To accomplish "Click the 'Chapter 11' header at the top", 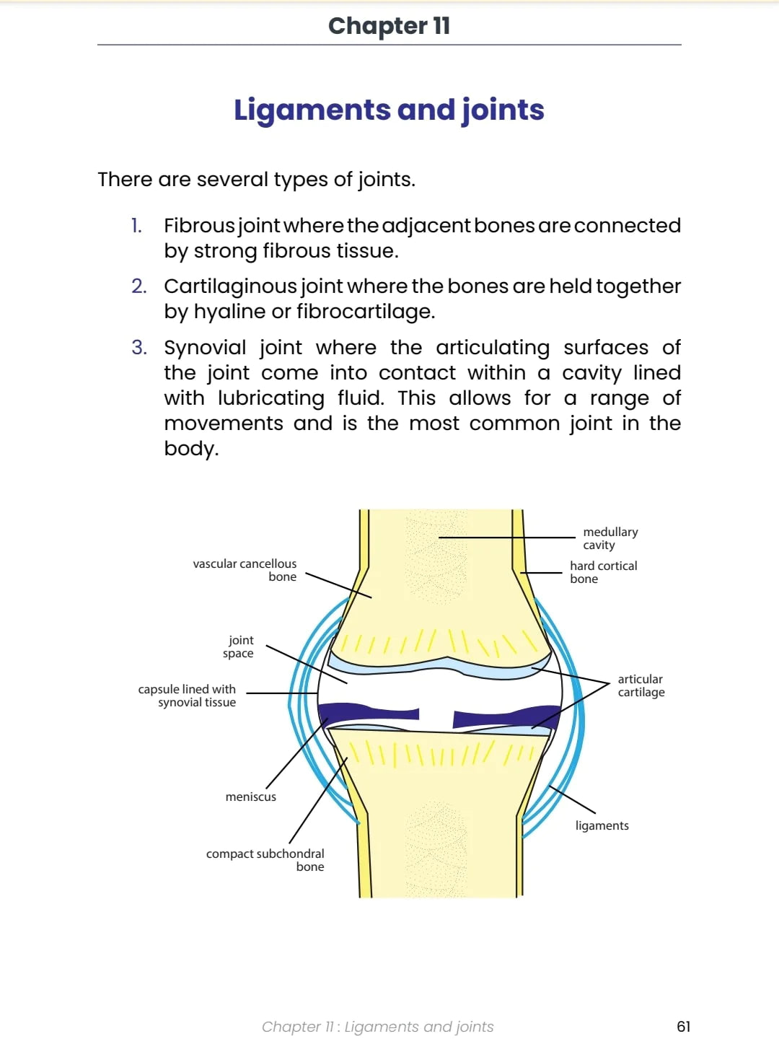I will [x=389, y=26].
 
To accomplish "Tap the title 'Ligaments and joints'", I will [x=389, y=110].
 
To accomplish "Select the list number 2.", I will [x=138, y=286].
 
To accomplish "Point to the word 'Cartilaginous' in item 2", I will [x=230, y=286].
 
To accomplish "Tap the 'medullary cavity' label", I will [x=610, y=538].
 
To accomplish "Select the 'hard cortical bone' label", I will [x=603, y=572].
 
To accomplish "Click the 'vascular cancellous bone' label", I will [x=245, y=570].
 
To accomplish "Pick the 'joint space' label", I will [x=239, y=646].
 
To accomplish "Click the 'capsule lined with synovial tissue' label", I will [x=188, y=696].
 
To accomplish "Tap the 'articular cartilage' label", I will [x=641, y=685].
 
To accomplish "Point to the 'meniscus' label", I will [x=250, y=797].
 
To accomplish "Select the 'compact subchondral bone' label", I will [x=265, y=860].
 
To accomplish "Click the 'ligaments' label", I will [x=602, y=825].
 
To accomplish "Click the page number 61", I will [x=683, y=1027].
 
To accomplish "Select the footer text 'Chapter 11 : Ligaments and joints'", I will [x=377, y=1027].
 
